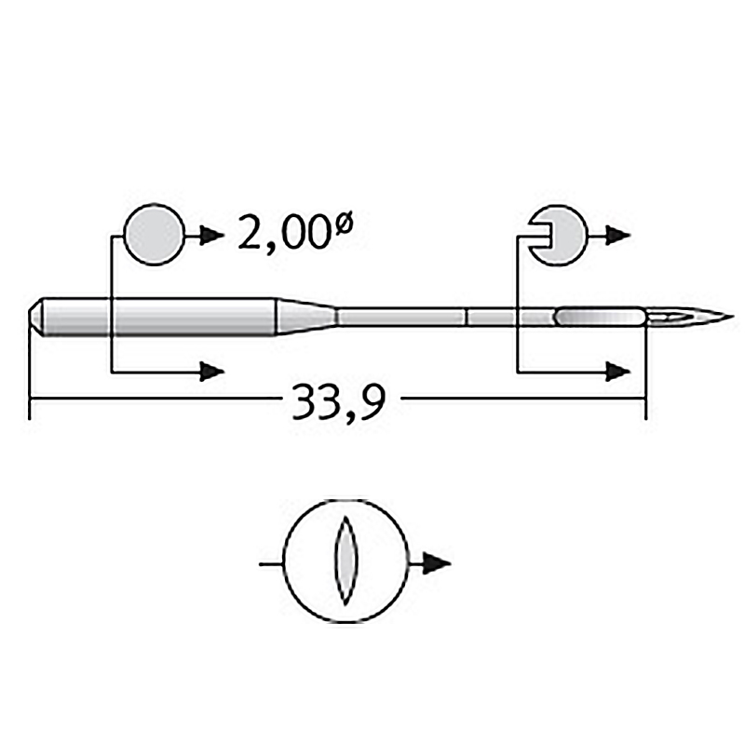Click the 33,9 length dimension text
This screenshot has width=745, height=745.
(338, 401)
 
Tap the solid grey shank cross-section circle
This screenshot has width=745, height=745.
(154, 235)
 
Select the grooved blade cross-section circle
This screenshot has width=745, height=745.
(559, 236)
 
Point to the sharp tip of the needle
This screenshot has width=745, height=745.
(734, 317)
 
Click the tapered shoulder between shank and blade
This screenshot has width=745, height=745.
(307, 317)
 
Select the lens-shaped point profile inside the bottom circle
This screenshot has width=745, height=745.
(345, 561)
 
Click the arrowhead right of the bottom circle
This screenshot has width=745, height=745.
(437, 563)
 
